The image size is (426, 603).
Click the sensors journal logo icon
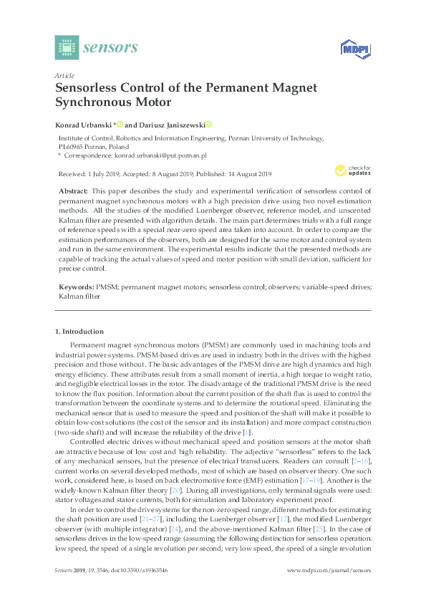[x=66, y=47]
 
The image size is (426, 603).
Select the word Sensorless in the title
[x=89, y=88]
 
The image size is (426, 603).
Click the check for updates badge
[x=352, y=170]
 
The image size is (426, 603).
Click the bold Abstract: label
[x=72, y=192]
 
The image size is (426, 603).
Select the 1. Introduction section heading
[x=79, y=332]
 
